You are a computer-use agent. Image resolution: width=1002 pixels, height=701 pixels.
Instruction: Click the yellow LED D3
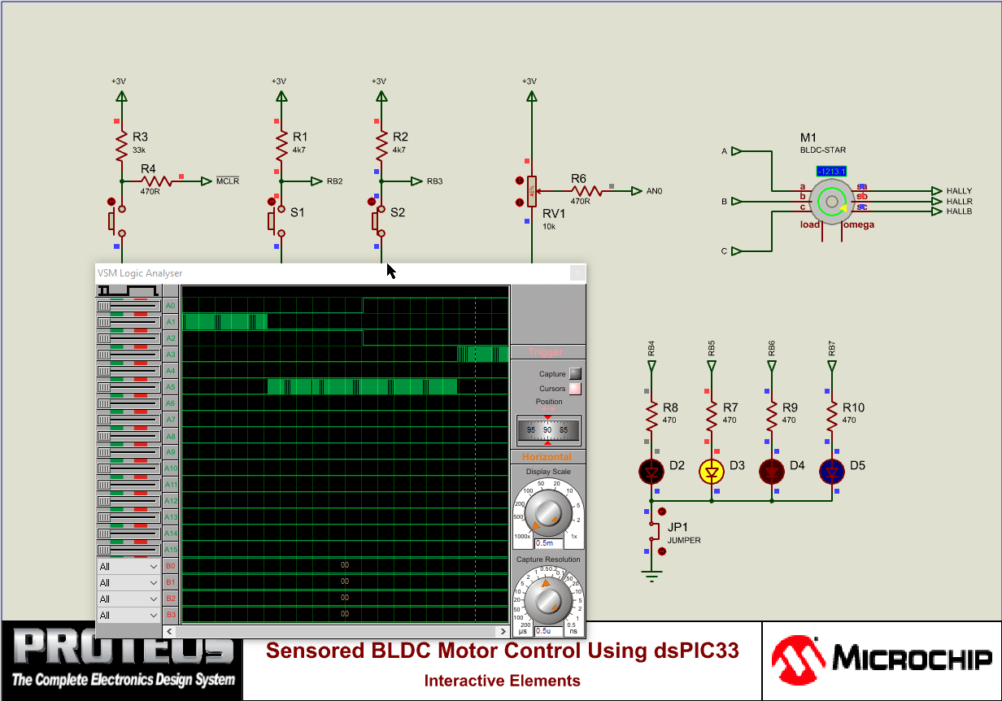point(712,472)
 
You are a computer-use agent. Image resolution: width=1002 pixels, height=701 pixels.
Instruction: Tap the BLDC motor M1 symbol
point(831,200)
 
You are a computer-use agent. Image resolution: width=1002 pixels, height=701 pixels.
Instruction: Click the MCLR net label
point(228,181)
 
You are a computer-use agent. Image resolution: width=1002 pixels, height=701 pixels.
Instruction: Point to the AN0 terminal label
point(654,191)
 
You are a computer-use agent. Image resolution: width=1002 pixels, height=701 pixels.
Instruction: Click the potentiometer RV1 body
point(531,192)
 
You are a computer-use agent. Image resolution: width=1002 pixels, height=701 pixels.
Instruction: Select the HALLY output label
point(959,191)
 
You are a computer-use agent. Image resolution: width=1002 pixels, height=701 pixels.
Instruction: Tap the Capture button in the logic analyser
point(575,374)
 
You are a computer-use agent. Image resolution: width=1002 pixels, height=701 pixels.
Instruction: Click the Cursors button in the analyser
point(575,389)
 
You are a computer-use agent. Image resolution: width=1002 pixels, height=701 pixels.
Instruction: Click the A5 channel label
point(170,387)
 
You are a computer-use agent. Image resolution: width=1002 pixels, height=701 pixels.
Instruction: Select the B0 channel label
point(170,566)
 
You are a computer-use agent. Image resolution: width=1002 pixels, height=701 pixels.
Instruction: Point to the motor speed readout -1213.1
point(831,172)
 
